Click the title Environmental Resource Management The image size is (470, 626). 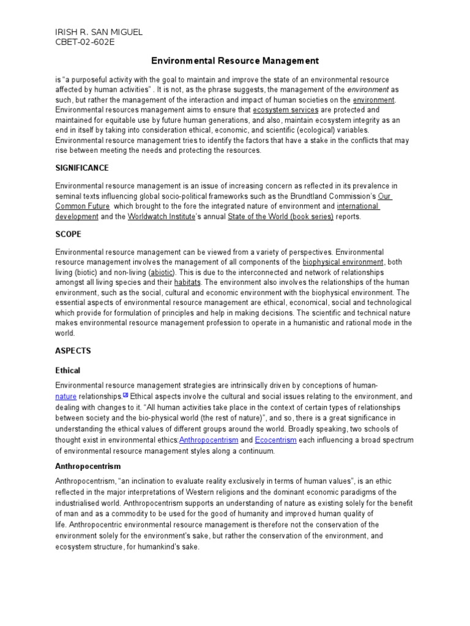click(x=235, y=61)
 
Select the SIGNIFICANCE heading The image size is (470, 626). click(x=82, y=168)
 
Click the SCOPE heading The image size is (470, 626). click(x=68, y=234)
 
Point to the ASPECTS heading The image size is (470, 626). click(x=73, y=351)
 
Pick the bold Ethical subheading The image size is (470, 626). click(x=67, y=370)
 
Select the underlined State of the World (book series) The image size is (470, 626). click(x=280, y=216)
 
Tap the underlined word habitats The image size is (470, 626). click(x=187, y=282)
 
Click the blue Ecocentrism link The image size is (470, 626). click(x=275, y=440)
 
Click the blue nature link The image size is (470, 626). click(x=65, y=397)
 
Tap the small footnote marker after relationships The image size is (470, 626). click(x=125, y=395)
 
